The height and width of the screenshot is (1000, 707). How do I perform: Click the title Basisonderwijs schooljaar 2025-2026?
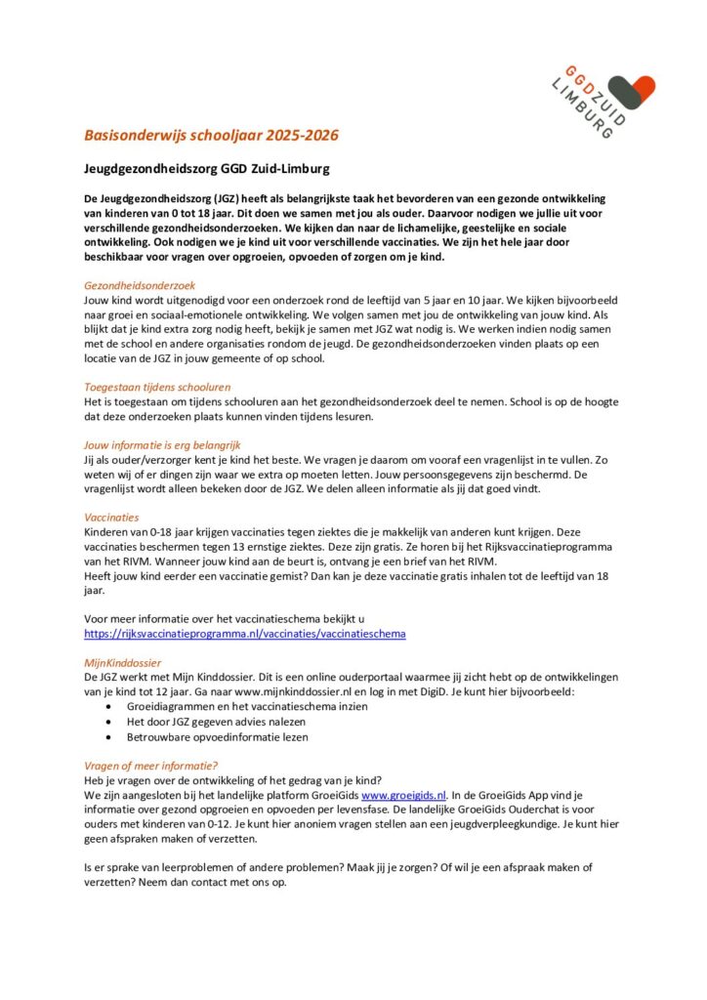(x=211, y=135)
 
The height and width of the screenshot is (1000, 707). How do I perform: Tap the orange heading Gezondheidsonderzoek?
(x=140, y=284)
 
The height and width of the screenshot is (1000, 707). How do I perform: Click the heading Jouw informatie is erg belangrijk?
(x=163, y=444)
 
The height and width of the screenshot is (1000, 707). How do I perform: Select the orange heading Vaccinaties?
(x=111, y=517)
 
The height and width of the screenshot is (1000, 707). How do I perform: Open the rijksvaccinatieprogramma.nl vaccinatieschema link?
(x=244, y=634)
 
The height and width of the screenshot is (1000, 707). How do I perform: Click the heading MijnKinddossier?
(x=122, y=662)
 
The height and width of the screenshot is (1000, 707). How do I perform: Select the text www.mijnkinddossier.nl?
(x=280, y=690)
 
